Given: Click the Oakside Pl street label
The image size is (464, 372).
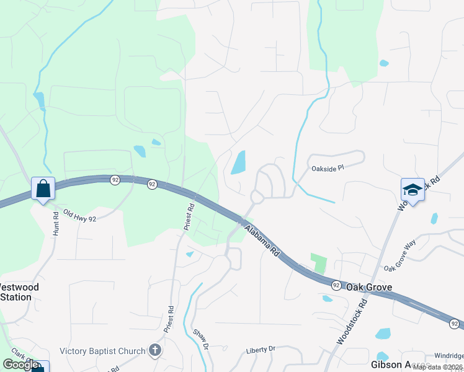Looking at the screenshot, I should click(326, 168).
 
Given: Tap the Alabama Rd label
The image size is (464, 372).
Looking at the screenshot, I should click(262, 241).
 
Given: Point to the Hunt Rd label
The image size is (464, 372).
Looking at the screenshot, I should click(55, 223).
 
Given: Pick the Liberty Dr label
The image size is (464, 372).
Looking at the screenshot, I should click(260, 350).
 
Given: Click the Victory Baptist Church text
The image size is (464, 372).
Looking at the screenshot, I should click(102, 352).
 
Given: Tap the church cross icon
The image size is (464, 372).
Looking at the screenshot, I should click(155, 352).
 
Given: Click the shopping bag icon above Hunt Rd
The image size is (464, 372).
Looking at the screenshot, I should click(43, 188).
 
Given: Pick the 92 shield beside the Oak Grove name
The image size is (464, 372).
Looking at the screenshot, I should click(336, 285).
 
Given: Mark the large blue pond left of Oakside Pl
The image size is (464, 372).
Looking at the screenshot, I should click(238, 163).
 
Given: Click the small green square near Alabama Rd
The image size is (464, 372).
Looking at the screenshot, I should click(318, 263).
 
